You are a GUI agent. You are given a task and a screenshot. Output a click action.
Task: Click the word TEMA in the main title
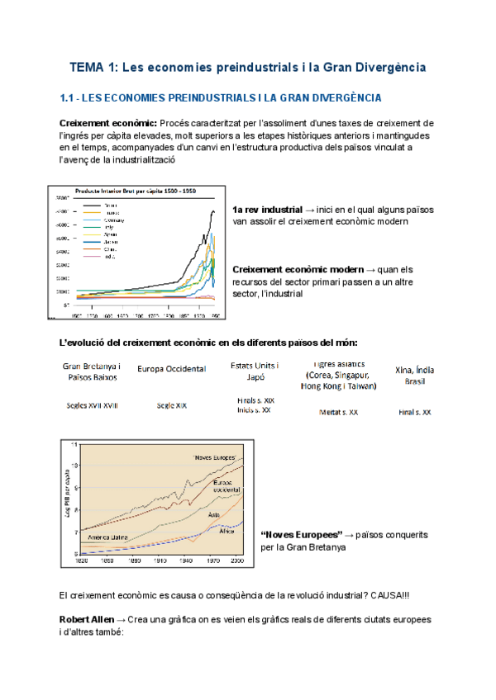point(84,66)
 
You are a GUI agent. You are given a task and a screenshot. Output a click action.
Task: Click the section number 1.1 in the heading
point(69,98)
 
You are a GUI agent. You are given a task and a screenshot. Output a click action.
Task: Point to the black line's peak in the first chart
point(213,210)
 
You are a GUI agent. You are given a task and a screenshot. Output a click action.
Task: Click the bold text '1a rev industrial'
point(266,209)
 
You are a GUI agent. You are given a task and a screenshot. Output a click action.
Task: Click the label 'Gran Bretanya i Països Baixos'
point(92,371)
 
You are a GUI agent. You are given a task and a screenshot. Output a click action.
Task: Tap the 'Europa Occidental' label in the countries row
point(172,369)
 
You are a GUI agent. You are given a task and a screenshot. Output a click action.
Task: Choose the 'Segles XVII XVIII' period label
point(92,405)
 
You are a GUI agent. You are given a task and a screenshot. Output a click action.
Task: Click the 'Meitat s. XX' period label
point(338,411)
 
